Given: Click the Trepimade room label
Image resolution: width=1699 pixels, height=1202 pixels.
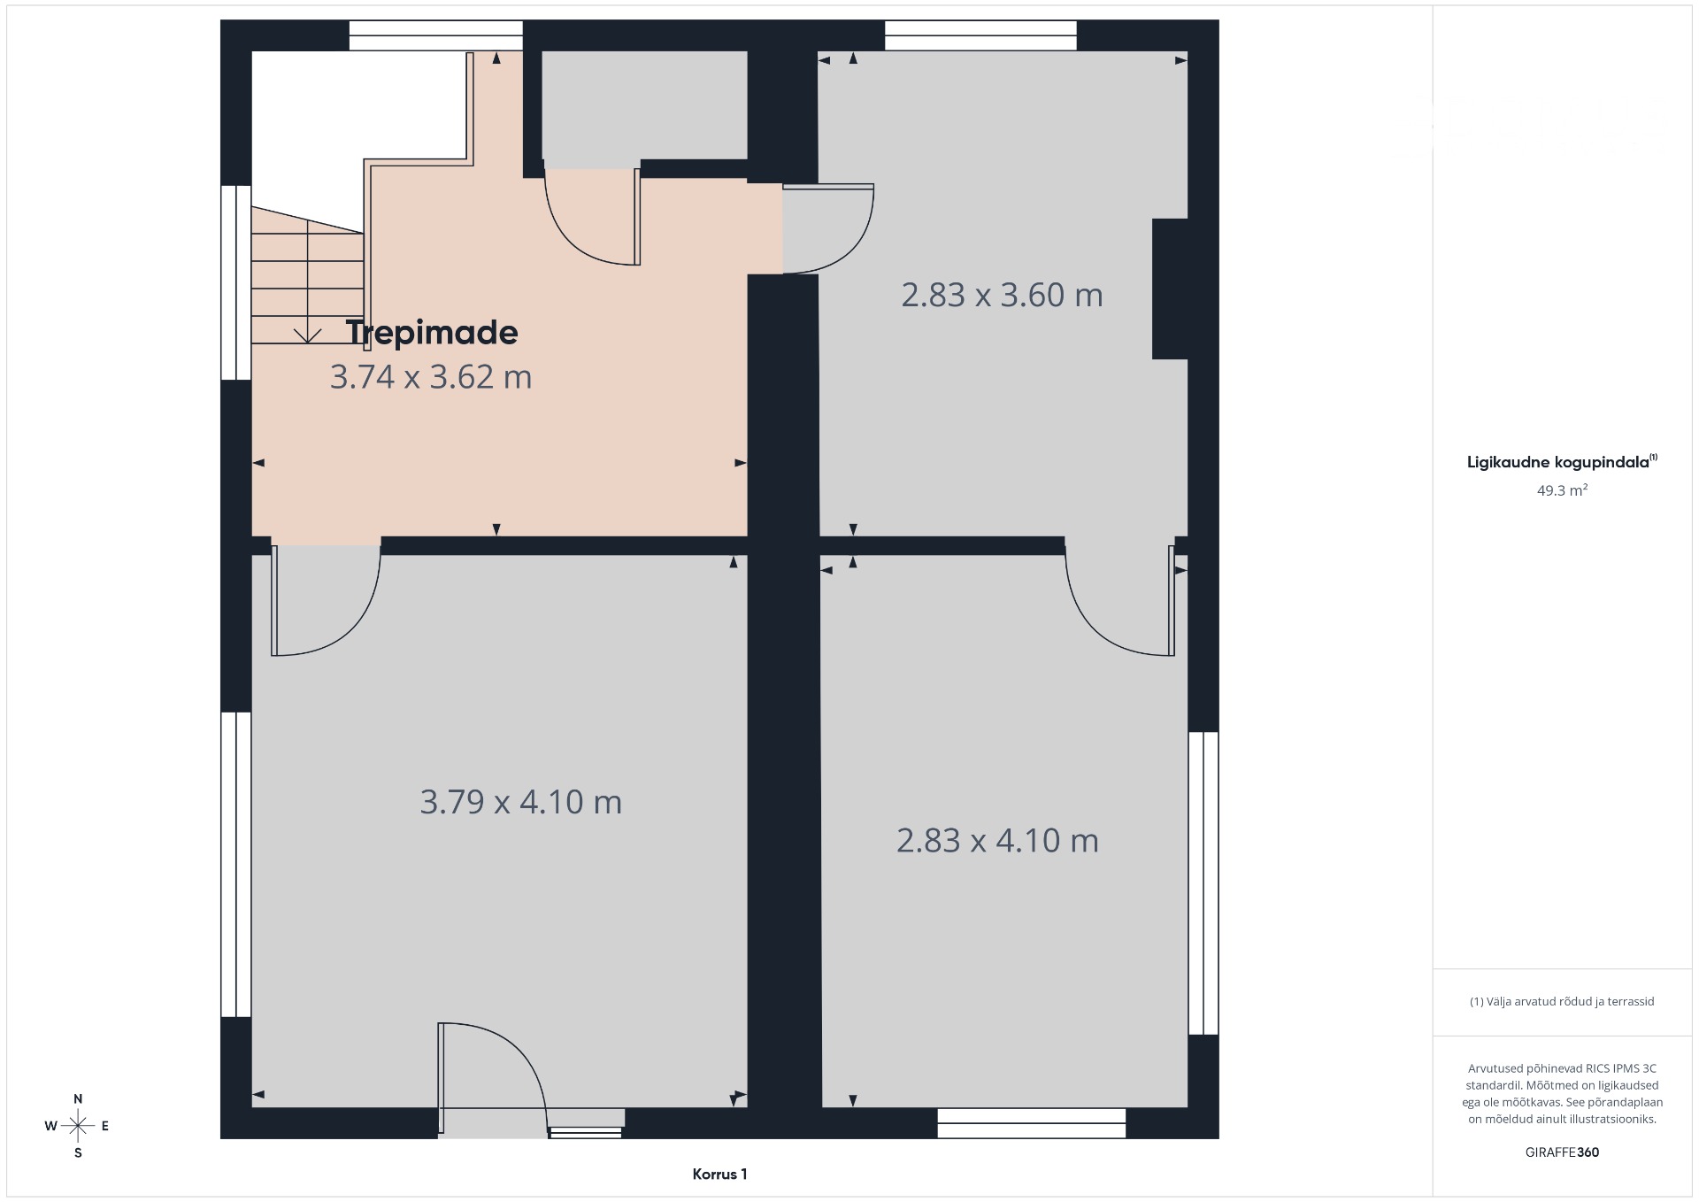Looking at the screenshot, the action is (432, 333).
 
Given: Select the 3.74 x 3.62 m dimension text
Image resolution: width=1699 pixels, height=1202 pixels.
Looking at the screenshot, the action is (431, 377).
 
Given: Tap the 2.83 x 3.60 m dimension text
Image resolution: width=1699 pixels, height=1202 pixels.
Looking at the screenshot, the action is (1002, 295).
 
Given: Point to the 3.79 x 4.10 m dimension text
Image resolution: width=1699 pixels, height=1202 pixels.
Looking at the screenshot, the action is (520, 802).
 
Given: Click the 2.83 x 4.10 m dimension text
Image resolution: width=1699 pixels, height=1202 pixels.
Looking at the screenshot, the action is (997, 840).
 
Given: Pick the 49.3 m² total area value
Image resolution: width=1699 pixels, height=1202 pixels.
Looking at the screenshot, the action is (1562, 490).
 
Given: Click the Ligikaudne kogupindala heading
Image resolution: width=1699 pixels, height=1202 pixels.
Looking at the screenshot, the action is (1562, 461).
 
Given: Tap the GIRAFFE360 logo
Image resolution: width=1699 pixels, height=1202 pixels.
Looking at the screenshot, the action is (1562, 1152).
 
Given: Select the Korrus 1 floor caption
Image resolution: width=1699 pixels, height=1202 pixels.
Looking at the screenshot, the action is (719, 1175).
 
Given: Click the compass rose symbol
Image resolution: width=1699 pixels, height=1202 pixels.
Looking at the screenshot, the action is (78, 1126).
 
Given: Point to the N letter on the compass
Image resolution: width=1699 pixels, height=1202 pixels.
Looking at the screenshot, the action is (78, 1099).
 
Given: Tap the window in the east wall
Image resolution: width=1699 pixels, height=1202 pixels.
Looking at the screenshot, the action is (1203, 882).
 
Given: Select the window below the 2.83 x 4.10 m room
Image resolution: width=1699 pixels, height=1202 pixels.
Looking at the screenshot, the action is (1032, 1123).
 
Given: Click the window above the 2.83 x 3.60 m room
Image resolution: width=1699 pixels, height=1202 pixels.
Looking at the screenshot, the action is (980, 35).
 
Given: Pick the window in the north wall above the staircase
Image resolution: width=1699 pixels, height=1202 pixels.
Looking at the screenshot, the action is (435, 35).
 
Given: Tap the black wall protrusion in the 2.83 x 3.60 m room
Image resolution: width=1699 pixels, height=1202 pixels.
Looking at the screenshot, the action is (1169, 289).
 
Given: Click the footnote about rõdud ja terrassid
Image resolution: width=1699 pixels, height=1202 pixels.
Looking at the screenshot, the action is (1562, 1002).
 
